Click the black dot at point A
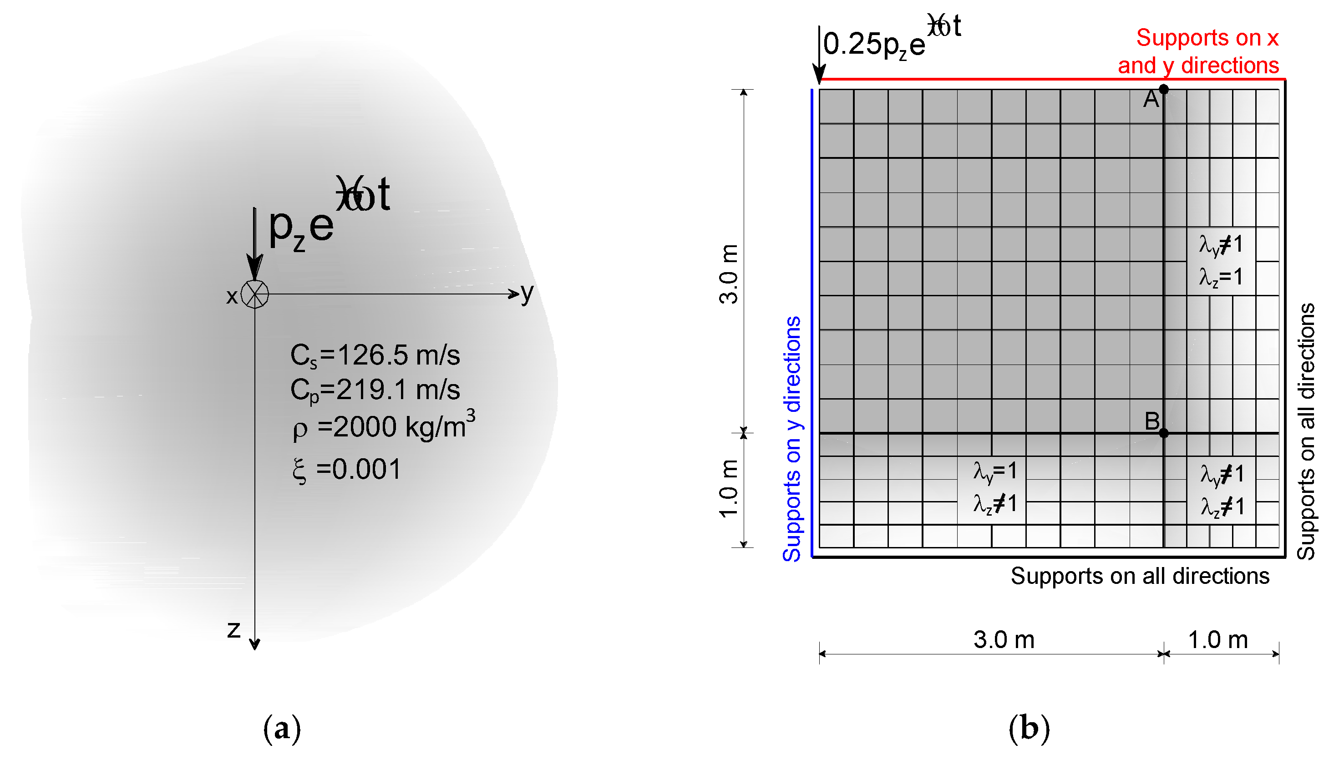click(1164, 89)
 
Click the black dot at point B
click(1164, 433)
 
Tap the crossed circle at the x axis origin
click(255, 294)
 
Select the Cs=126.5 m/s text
click(375, 355)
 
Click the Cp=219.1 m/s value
click(375, 390)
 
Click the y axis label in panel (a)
click(527, 294)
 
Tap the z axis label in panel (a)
click(233, 629)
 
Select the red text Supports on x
click(1207, 38)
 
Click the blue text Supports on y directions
click(792, 438)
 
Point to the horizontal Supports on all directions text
click(1140, 576)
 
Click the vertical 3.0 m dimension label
click(728, 274)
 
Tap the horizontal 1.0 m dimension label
click(1218, 640)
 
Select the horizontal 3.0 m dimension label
click(1003, 640)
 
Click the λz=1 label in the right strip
click(1221, 277)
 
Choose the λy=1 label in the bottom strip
click(995, 471)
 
